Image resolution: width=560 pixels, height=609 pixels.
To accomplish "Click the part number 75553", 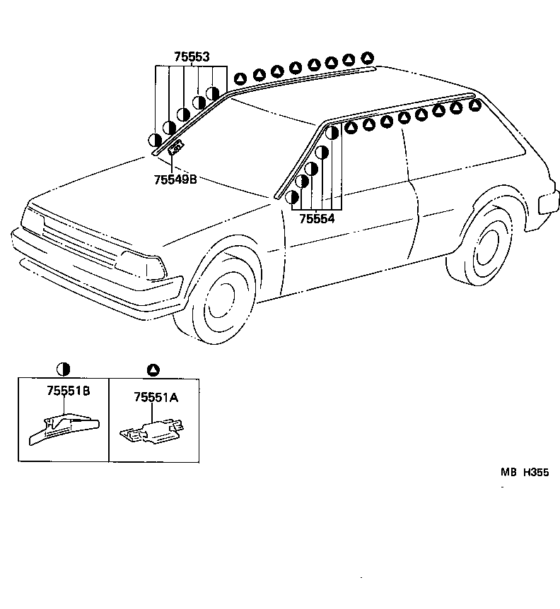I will click(x=192, y=57).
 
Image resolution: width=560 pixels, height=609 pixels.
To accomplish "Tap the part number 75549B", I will click(x=175, y=180).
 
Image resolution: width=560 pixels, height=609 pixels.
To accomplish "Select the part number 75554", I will click(x=316, y=219).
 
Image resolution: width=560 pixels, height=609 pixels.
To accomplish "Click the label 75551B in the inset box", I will click(x=69, y=391).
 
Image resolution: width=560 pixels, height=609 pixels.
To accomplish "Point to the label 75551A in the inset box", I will click(x=156, y=398).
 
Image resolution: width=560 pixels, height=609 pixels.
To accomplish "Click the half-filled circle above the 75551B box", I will click(x=64, y=369).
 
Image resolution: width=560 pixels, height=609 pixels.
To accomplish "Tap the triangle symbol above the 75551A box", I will click(x=153, y=369).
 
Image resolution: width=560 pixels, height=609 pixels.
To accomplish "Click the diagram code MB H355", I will click(x=525, y=474).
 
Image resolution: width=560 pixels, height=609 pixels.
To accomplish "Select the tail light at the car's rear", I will click(x=549, y=202).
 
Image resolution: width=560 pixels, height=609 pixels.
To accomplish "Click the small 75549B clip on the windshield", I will click(x=175, y=148).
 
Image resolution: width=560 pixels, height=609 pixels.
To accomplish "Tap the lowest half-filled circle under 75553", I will click(x=155, y=140).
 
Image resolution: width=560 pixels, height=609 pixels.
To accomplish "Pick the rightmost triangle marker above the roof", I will click(x=366, y=57).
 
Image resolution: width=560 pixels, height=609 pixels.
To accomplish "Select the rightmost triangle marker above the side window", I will click(x=475, y=105).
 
